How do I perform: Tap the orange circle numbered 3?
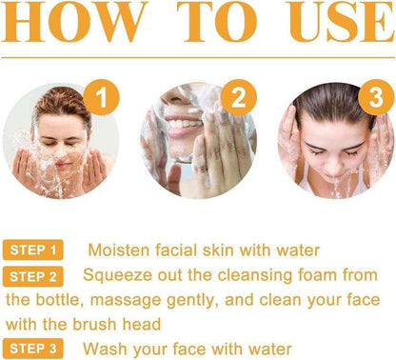coord(372,96)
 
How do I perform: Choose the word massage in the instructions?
coord(143,300)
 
